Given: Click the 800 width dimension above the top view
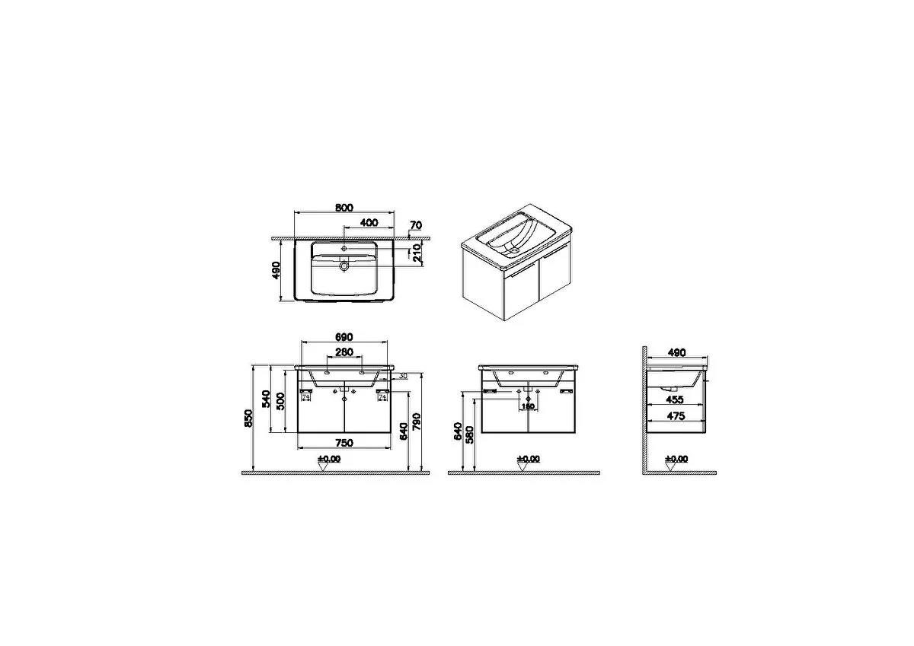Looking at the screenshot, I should point(344,208).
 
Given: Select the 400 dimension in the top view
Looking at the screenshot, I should point(369,222).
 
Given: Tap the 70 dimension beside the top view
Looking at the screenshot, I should point(415,225).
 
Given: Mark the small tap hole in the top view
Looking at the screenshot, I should point(344,248).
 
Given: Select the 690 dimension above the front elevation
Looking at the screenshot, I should point(344,337).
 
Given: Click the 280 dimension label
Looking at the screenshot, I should point(344,352).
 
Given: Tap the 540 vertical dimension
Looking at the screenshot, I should point(266,399).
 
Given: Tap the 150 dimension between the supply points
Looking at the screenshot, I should point(528,406).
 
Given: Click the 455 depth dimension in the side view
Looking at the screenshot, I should point(676,399).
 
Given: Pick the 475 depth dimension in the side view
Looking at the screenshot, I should point(676,416).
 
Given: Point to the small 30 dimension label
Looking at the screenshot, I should point(403,376).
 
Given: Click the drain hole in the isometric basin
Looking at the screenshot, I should point(513,248).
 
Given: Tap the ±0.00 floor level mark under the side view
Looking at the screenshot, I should point(676,459).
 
